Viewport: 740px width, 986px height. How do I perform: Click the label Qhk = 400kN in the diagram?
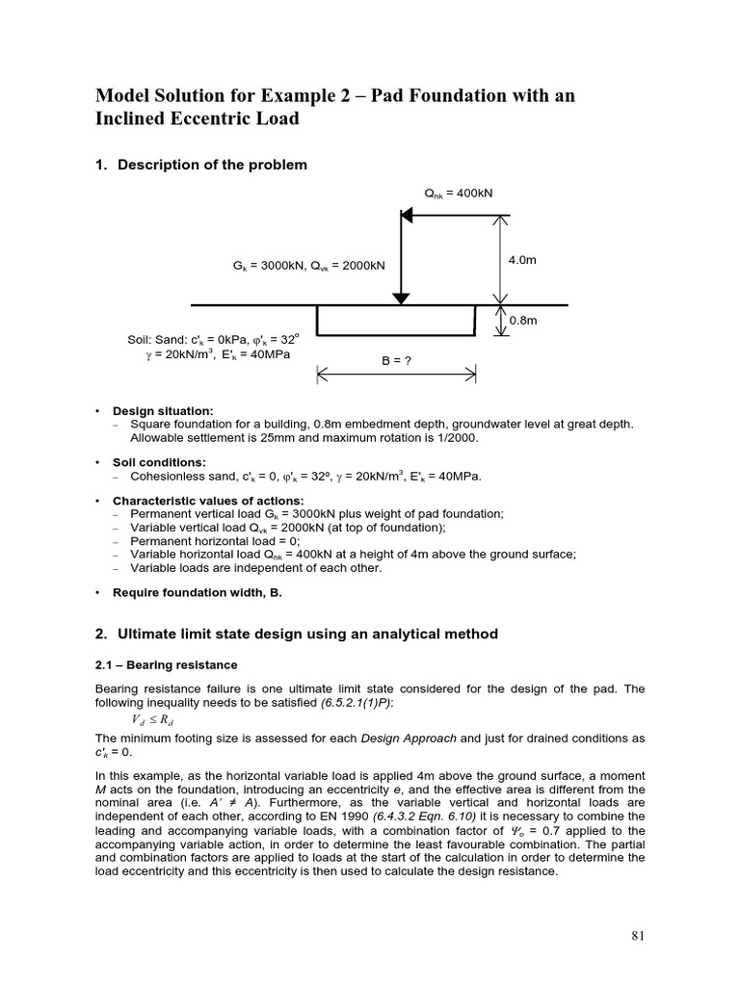click(x=459, y=193)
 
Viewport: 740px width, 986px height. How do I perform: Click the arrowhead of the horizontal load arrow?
click(x=407, y=216)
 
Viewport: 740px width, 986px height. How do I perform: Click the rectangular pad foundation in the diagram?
click(x=396, y=321)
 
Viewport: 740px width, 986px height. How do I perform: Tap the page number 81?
click(x=637, y=935)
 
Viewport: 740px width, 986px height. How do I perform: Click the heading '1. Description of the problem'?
click(x=201, y=165)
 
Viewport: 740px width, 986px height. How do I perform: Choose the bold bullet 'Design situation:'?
click(x=163, y=411)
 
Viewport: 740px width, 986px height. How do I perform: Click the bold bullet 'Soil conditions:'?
click(x=159, y=462)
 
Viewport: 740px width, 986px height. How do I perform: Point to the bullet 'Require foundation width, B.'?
click(x=198, y=593)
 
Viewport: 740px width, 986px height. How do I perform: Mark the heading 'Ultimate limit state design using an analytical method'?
click(x=307, y=634)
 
